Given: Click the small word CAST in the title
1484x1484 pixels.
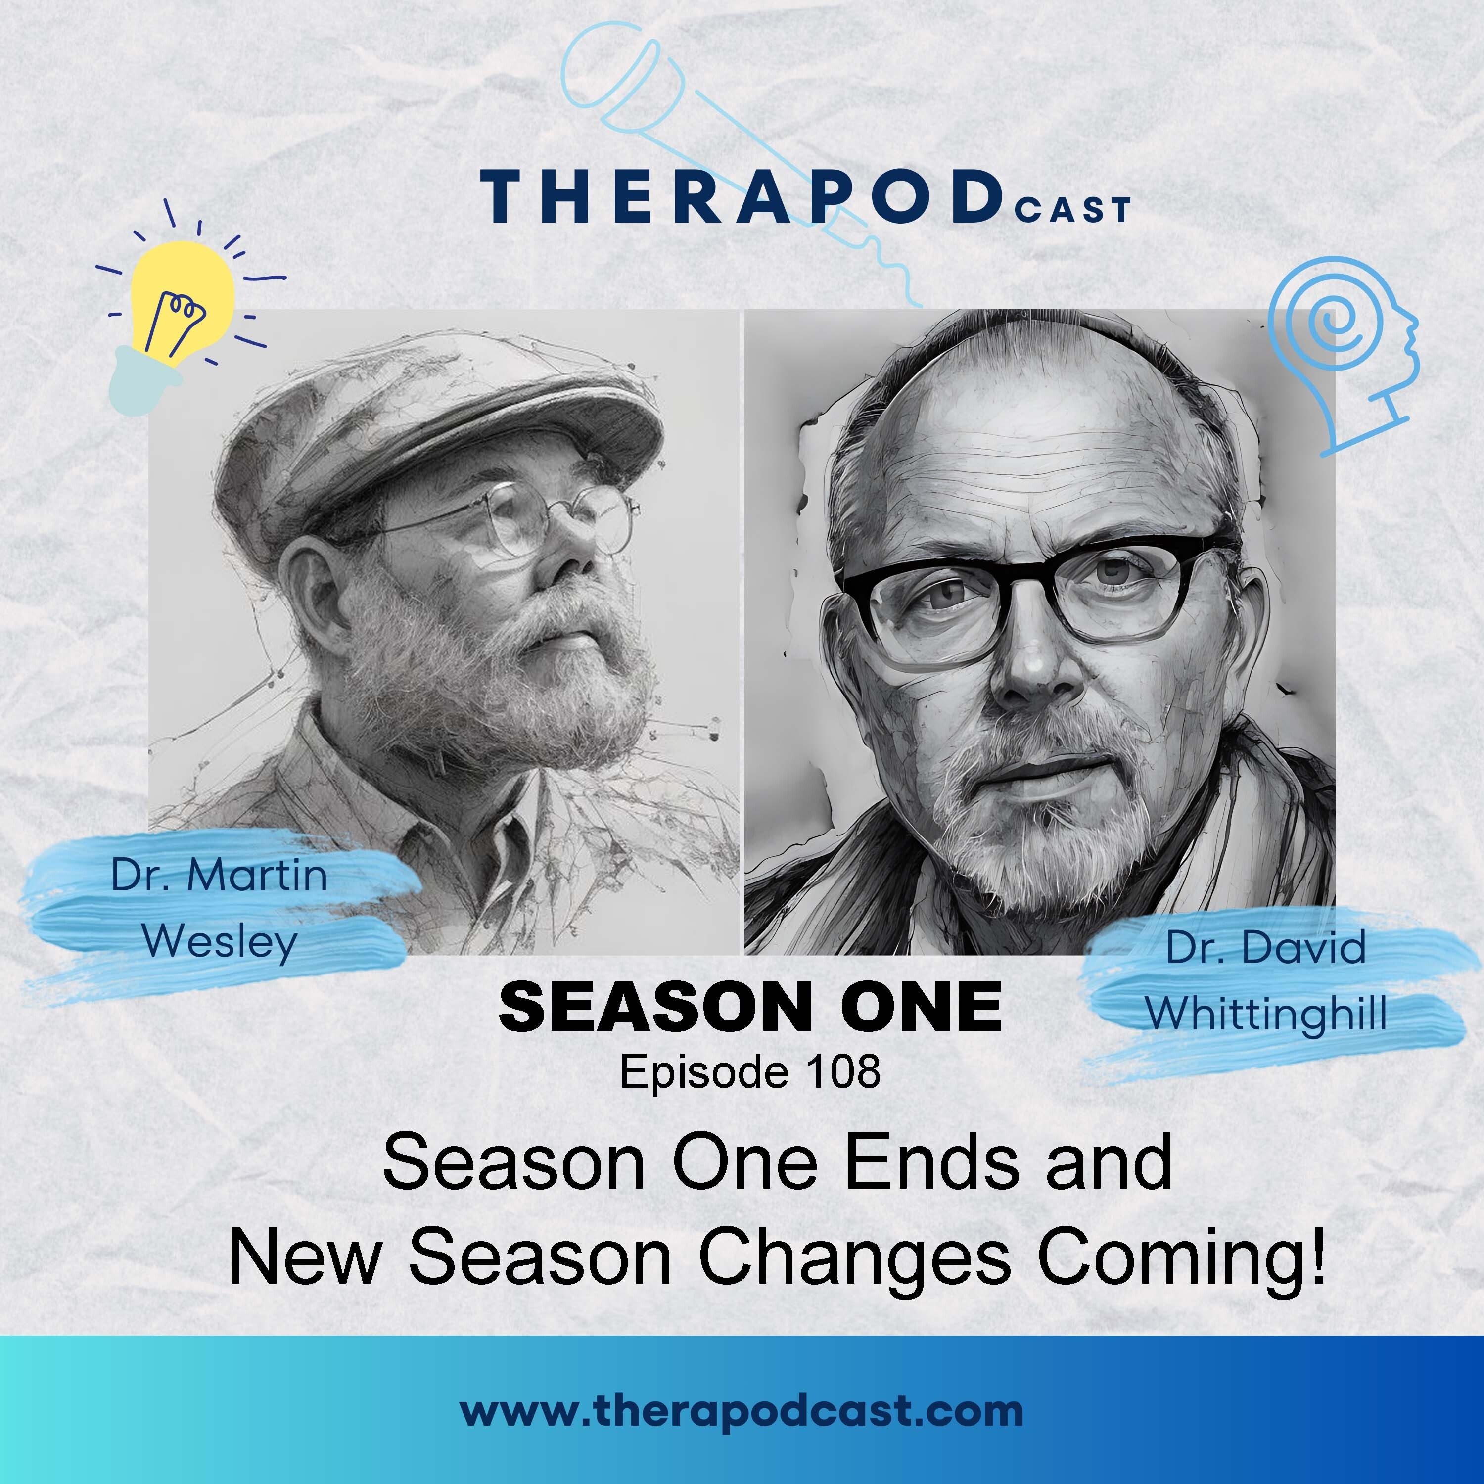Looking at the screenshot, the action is [x=1073, y=209].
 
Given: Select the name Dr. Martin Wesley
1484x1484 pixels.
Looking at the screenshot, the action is [x=220, y=908].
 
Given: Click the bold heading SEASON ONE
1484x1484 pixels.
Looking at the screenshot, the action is [x=750, y=1007].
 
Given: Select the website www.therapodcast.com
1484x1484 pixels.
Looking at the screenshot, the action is [x=741, y=1411].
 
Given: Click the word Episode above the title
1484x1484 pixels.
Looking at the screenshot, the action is [x=703, y=1072].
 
